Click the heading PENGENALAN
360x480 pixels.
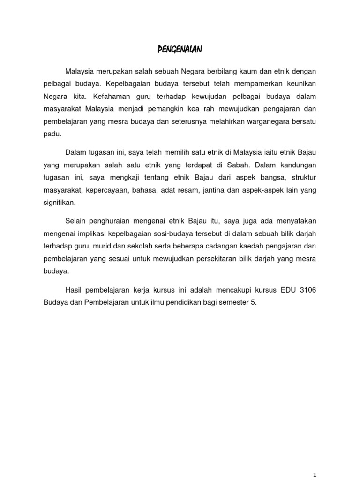pos(180,49)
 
